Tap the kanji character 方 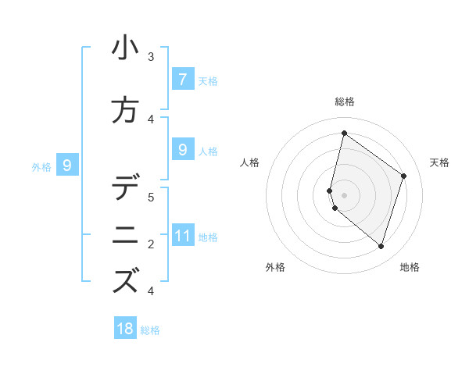[x=126, y=109]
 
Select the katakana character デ [x=126, y=188]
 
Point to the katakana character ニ [x=126, y=235]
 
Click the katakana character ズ [x=126, y=281]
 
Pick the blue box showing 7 [x=182, y=80]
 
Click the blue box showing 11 [x=182, y=236]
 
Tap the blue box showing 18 [x=125, y=329]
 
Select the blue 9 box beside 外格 [x=67, y=165]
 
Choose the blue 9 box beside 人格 [x=182, y=150]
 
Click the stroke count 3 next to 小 [x=151, y=56]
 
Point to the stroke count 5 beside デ [x=151, y=197]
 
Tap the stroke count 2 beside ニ [x=151, y=244]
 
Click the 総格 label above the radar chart [x=344, y=102]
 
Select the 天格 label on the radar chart [x=439, y=162]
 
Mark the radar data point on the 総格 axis [x=344, y=133]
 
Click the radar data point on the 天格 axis [x=403, y=176]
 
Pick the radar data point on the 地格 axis [x=381, y=246]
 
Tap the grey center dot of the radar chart [x=344, y=194]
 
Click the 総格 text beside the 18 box [x=150, y=330]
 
